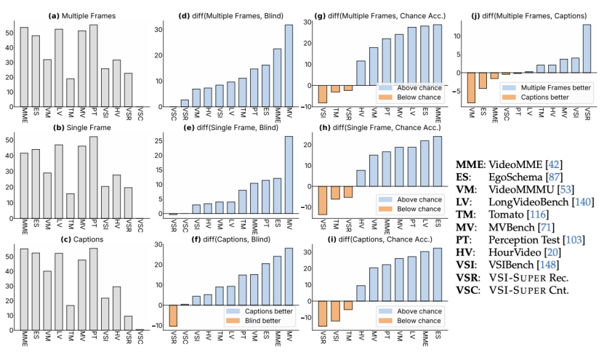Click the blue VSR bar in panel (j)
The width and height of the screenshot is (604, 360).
point(587,49)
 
